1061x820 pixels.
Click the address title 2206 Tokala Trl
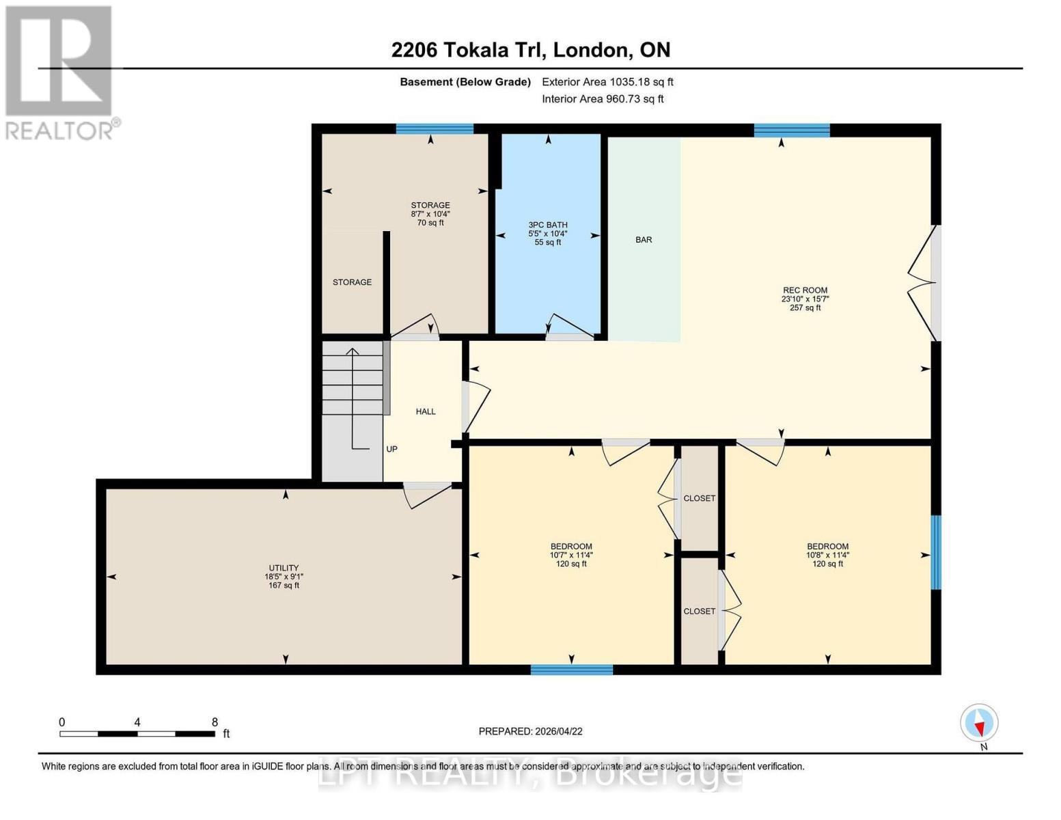tap(530, 50)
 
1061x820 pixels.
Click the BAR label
tap(644, 240)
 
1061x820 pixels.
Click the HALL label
tap(426, 411)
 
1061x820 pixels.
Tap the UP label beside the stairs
tap(391, 449)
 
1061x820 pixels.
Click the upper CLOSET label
tap(699, 498)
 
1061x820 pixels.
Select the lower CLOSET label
tap(699, 611)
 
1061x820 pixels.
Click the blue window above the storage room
tap(435, 128)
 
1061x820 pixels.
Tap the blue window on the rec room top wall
tap(792, 130)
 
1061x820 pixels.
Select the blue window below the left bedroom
tap(571, 670)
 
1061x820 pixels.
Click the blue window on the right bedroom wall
tap(936, 552)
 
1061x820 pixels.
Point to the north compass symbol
tap(979, 723)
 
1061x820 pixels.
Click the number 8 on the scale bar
tap(215, 722)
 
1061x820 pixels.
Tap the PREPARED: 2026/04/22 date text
tap(530, 731)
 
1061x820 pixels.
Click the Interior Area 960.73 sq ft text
tap(603, 99)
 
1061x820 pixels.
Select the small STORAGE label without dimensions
tap(352, 282)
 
